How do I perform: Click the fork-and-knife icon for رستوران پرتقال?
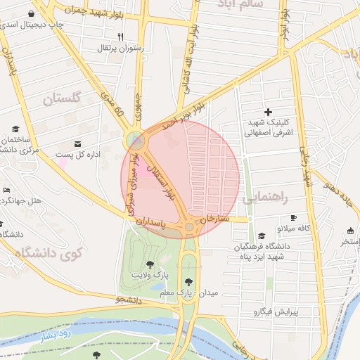pos(120,37)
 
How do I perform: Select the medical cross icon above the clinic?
pos(267,112)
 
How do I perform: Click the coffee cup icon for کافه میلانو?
pos(294,217)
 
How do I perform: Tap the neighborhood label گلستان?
pos(62,98)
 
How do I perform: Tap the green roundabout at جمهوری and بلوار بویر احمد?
pos(136,141)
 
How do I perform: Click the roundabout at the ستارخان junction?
pos(190,226)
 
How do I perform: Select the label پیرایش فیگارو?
pos(276,311)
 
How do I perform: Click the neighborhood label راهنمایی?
pos(264,200)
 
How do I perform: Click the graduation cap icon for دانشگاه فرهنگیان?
pos(262,236)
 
